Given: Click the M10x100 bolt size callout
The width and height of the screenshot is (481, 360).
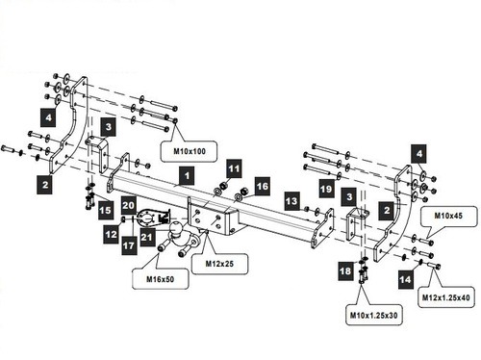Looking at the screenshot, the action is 189,151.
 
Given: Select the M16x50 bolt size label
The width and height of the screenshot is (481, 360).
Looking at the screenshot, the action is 160,279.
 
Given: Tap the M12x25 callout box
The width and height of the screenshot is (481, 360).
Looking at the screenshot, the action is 219,264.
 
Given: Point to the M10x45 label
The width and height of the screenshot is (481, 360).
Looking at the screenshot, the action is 448,216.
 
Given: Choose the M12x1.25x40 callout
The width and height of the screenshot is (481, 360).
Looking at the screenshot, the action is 445,297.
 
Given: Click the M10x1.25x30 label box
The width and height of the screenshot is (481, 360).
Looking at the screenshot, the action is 373,315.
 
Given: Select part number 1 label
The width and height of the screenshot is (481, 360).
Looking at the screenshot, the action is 187,175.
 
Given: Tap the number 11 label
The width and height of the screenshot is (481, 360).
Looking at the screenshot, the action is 234,168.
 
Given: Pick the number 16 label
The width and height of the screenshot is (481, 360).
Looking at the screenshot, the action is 263,186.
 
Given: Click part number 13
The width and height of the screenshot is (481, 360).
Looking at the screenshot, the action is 292,201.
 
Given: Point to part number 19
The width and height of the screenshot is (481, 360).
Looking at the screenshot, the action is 326,189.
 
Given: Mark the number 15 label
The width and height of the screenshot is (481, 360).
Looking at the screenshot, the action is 105,210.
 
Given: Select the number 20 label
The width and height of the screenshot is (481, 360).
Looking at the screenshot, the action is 129,205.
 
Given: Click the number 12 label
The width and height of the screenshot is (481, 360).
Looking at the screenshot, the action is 112,234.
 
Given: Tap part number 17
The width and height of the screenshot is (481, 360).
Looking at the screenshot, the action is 129,245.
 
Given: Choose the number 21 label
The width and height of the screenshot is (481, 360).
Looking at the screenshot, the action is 147,237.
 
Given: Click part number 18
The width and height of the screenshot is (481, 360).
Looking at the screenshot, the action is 345,270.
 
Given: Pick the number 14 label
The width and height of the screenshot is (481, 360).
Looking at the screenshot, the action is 405,279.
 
